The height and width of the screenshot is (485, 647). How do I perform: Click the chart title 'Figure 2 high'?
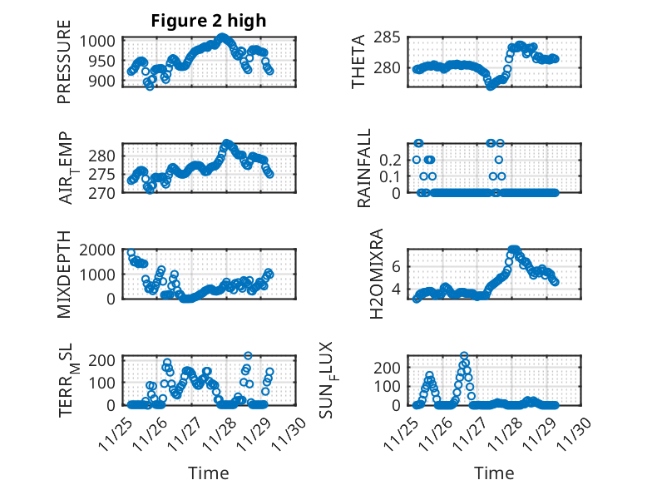(209, 21)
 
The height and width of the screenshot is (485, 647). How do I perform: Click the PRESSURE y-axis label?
(64, 67)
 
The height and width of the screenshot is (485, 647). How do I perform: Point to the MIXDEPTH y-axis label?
(64, 275)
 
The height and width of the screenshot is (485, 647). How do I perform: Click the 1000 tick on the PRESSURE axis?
(100, 41)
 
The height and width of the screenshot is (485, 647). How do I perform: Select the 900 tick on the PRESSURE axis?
(105, 81)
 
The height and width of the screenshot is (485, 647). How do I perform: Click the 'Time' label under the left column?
(209, 473)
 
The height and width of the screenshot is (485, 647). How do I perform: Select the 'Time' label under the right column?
(494, 473)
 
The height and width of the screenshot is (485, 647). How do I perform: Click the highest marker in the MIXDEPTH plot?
(131, 252)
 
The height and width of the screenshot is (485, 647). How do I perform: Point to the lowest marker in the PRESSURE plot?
(150, 86)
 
